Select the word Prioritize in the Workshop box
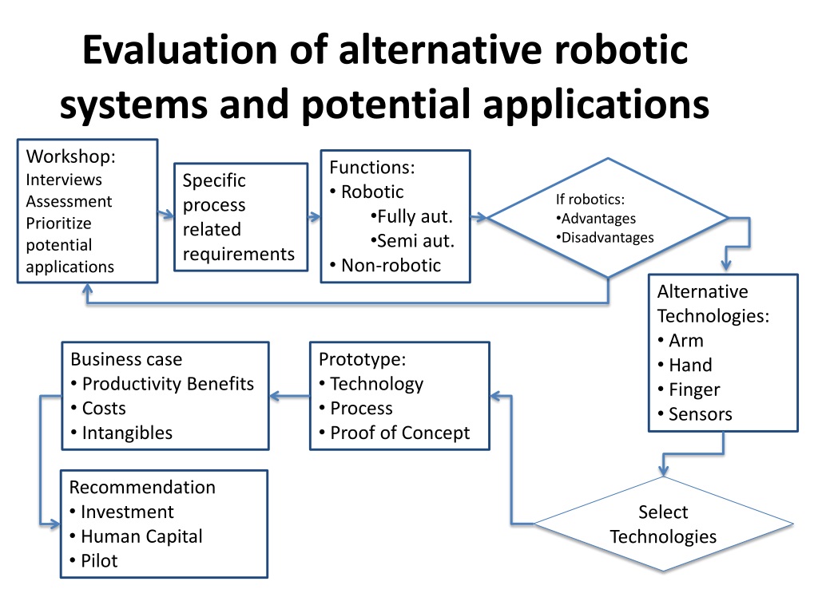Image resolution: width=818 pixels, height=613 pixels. coord(58,223)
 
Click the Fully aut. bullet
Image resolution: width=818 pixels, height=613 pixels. coord(412,216)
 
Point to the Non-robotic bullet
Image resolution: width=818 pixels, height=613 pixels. coord(385,265)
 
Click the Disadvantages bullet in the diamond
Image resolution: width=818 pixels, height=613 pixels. coord(606,237)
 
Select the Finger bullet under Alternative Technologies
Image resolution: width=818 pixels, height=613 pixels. coord(689,390)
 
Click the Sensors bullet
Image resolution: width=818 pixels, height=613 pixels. coord(694,414)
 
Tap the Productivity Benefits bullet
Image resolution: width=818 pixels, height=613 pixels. coord(162,384)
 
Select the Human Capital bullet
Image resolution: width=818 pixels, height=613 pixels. coord(136,536)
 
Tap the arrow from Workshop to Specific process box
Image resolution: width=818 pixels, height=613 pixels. coord(166,215)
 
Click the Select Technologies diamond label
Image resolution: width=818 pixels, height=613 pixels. coord(663,524)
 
